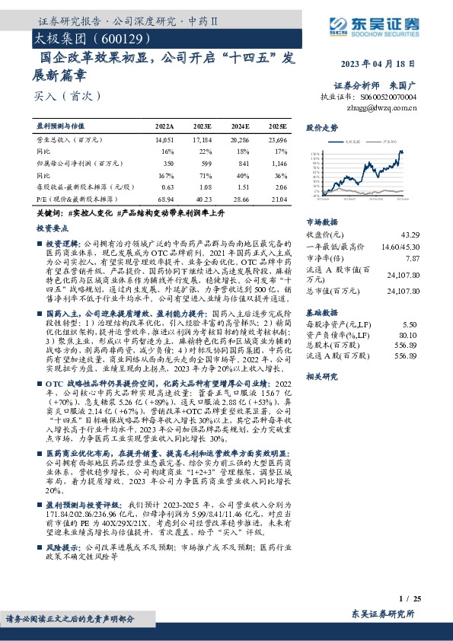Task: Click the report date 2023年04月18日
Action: point(388,64)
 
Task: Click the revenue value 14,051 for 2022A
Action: point(164,141)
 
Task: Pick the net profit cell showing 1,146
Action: point(277,163)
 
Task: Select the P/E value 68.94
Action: point(164,198)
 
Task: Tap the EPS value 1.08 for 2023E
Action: point(203,186)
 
